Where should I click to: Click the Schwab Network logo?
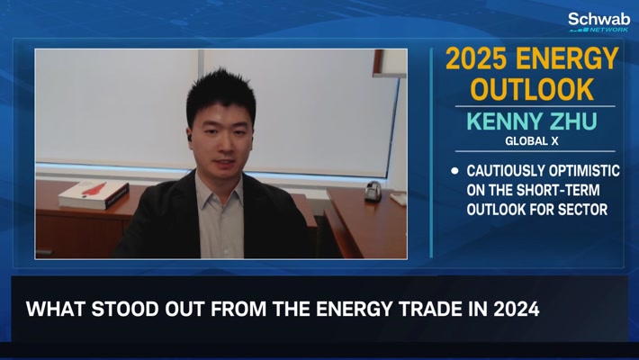[599, 22]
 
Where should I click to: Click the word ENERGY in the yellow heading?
[567, 58]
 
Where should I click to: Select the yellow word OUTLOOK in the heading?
[532, 89]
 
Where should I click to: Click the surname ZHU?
[573, 121]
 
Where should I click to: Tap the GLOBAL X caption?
[532, 141]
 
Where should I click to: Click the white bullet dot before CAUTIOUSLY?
[454, 171]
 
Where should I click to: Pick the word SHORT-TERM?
[558, 190]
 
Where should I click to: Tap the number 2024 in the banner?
[517, 309]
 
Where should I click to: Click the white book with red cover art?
[94, 194]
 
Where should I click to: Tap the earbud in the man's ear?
[190, 138]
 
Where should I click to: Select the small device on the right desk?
[373, 191]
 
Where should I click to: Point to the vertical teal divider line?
[431, 153]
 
